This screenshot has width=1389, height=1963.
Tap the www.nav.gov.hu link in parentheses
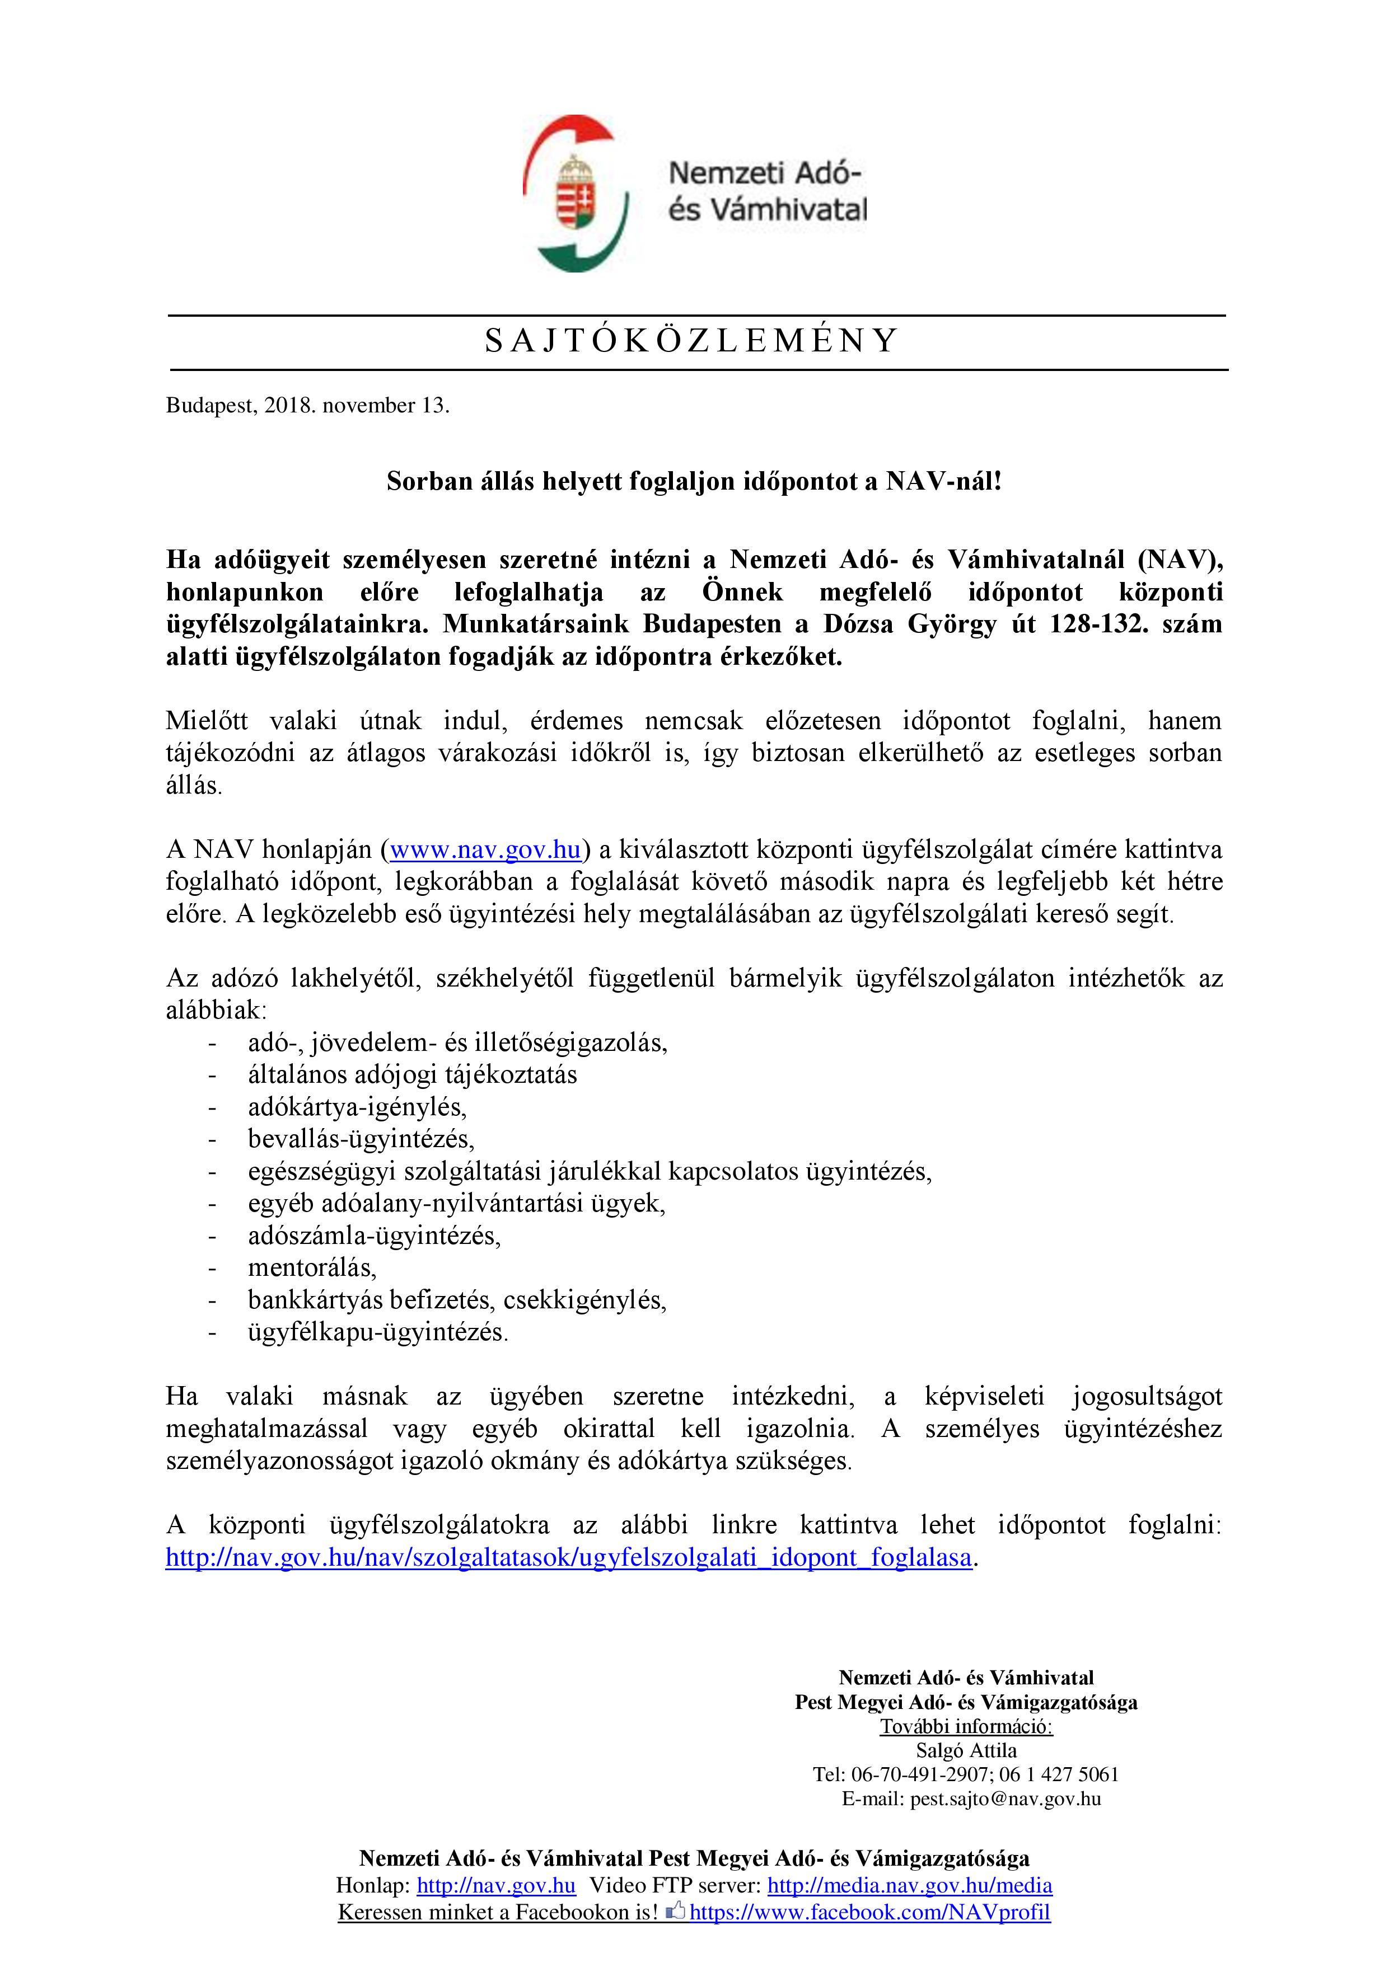[x=485, y=850]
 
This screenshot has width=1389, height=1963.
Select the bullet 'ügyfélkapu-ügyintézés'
[x=378, y=1332]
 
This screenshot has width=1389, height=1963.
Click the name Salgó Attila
[x=966, y=1750]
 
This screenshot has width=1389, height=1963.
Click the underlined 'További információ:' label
[x=966, y=1726]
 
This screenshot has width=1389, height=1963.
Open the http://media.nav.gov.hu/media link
[x=909, y=1885]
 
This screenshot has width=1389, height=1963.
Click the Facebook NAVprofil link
[x=870, y=1913]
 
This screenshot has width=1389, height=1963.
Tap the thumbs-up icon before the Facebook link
[x=676, y=1912]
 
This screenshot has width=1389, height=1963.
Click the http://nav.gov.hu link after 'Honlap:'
[x=496, y=1885]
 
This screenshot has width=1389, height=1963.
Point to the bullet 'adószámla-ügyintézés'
[x=374, y=1236]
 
